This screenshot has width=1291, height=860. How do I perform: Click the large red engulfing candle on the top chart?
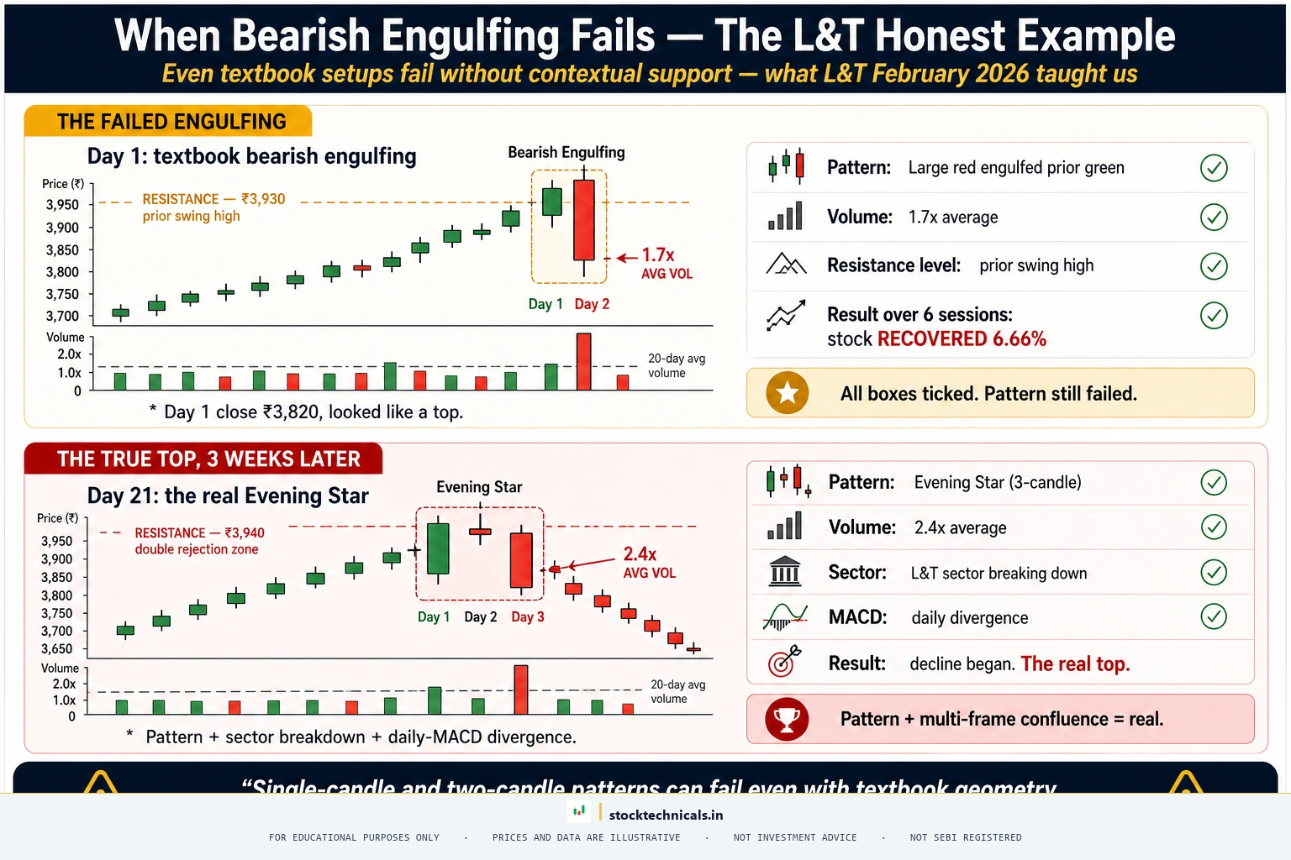coord(584,220)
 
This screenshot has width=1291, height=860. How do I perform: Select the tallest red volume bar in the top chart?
coord(583,361)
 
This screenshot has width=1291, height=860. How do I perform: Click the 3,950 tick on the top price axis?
coord(62,205)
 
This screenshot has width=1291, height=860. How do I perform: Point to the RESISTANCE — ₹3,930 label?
coord(213,199)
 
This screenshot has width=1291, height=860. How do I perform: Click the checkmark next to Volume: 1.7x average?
coord(1213,218)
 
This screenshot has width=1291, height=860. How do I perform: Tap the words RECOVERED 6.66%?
coord(962,338)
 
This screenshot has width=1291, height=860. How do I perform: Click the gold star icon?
coord(788,392)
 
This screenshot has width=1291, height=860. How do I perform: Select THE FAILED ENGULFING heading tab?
coord(171,122)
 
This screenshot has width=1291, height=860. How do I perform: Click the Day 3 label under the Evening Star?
coord(528,616)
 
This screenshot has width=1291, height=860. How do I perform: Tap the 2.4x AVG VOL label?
coord(648,562)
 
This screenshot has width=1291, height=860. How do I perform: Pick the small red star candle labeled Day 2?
coord(480,532)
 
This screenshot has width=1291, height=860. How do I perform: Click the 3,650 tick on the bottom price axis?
coord(56,649)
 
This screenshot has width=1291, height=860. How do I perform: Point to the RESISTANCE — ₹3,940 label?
coord(199,532)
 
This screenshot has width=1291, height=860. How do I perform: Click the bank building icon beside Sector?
coord(785,572)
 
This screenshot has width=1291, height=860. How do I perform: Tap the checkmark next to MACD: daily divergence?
coord(1213,616)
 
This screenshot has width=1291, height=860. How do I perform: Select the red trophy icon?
coord(787,719)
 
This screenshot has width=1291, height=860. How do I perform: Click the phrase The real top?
coord(1075,663)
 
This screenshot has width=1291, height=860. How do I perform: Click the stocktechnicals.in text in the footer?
coord(666,815)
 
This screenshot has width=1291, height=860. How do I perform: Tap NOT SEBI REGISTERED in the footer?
coord(965,837)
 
